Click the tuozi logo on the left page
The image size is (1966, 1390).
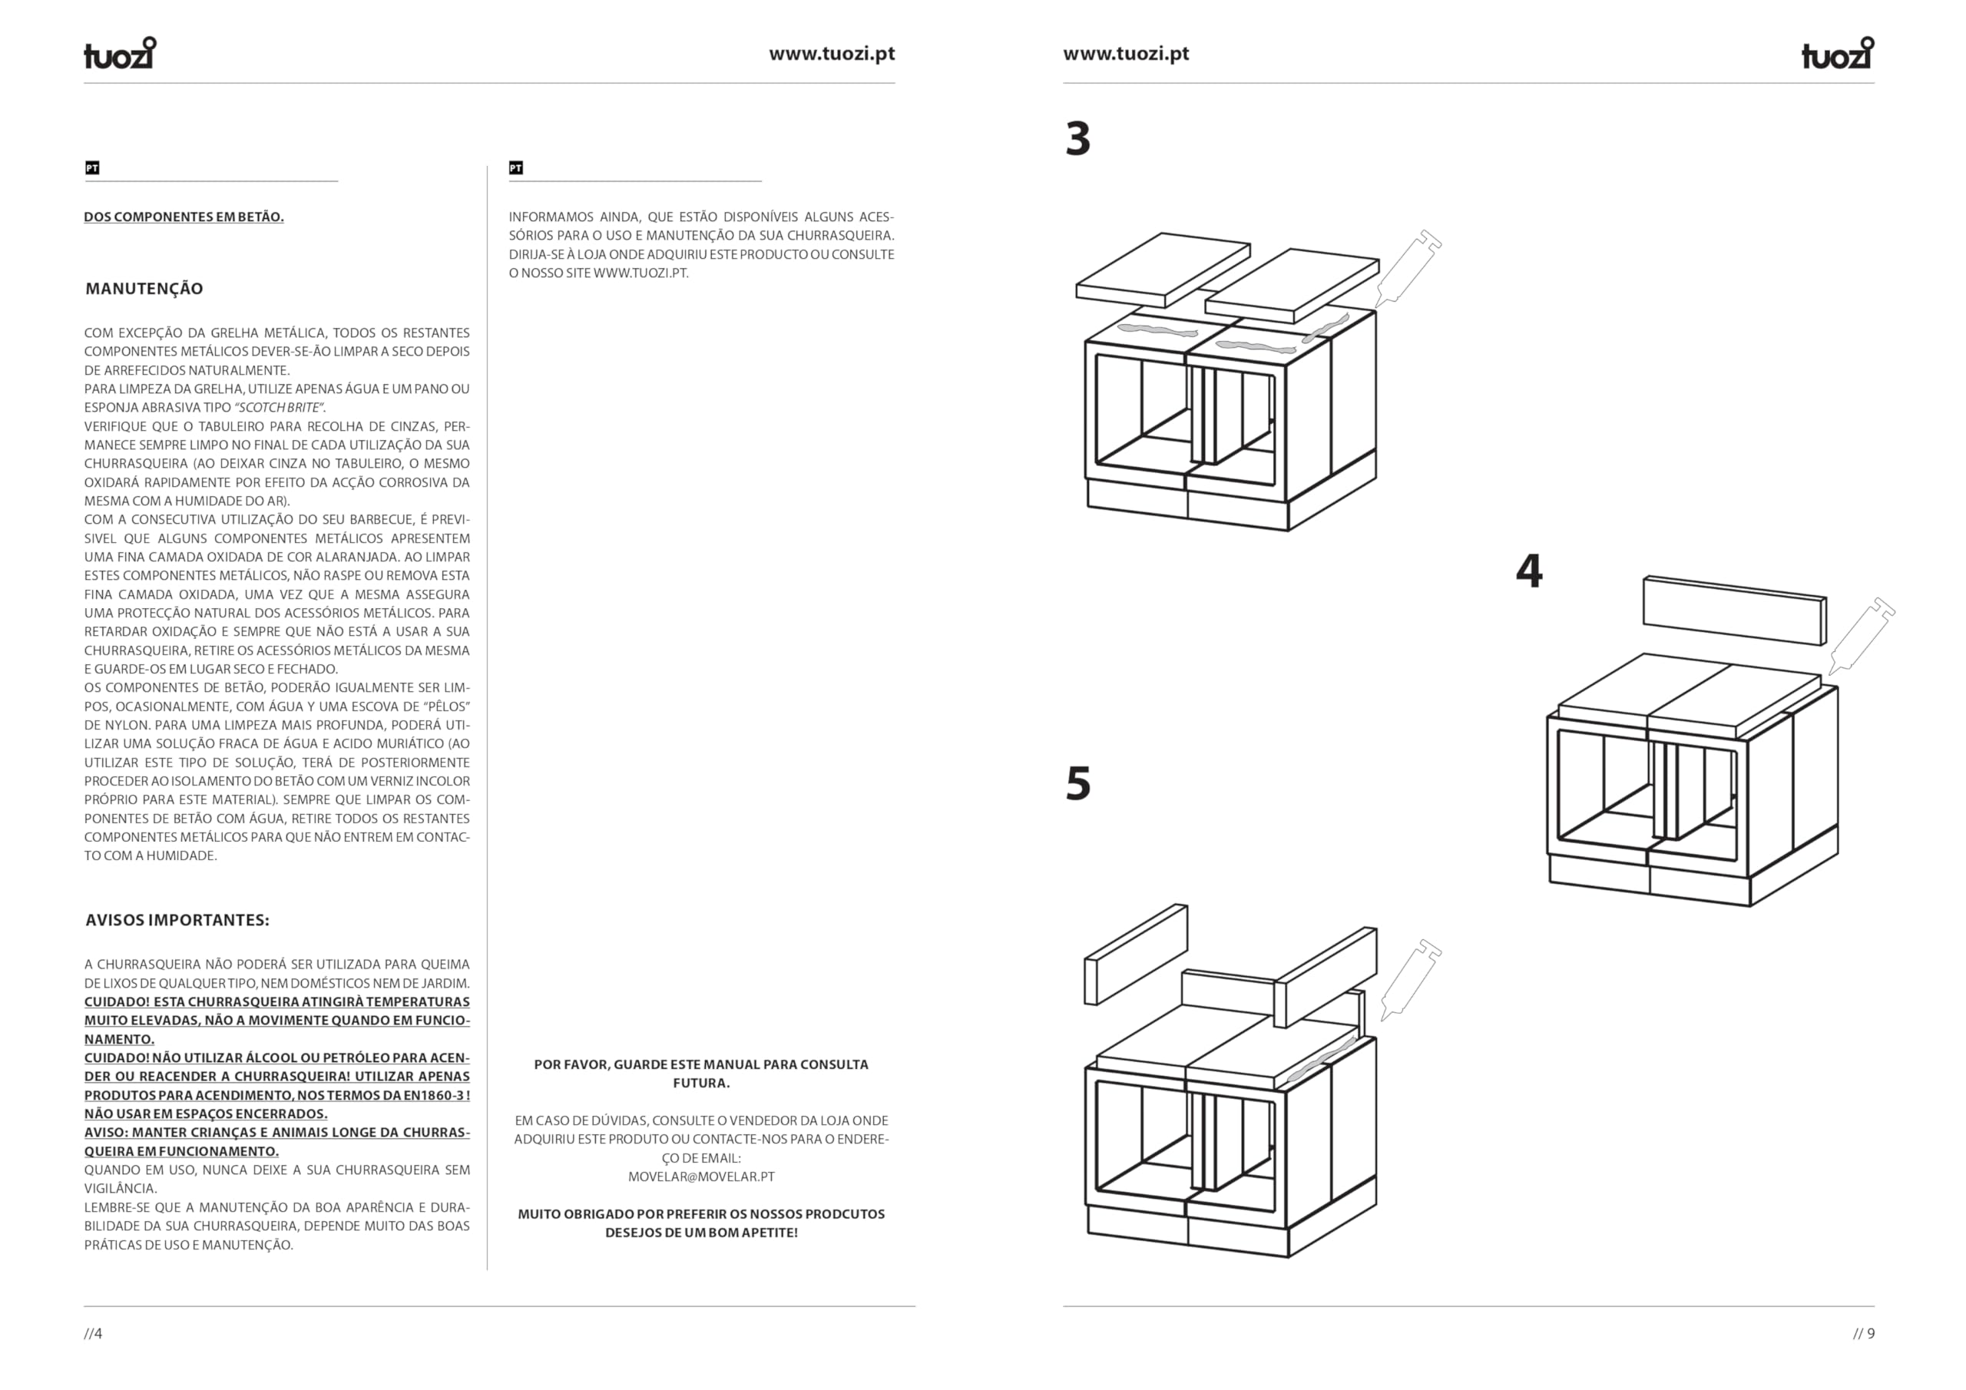120,52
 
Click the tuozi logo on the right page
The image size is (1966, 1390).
1838,52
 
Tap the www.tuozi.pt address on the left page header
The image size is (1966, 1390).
832,54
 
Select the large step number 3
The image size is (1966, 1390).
1078,139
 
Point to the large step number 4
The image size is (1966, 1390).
1529,571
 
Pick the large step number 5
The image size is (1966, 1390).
1078,783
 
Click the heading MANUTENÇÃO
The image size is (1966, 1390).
144,289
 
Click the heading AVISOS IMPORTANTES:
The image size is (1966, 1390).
177,920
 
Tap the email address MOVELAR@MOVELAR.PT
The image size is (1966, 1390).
701,1177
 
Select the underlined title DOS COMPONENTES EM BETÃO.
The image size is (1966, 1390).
184,217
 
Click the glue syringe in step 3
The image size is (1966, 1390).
1408,269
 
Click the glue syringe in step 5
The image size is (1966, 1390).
1410,980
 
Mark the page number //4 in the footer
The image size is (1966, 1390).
94,1333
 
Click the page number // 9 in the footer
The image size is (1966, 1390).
1864,1333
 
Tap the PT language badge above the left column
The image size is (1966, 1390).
91,168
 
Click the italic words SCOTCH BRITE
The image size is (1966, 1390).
278,408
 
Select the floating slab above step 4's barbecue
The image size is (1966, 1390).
1735,610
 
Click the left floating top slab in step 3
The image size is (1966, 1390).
1163,270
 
